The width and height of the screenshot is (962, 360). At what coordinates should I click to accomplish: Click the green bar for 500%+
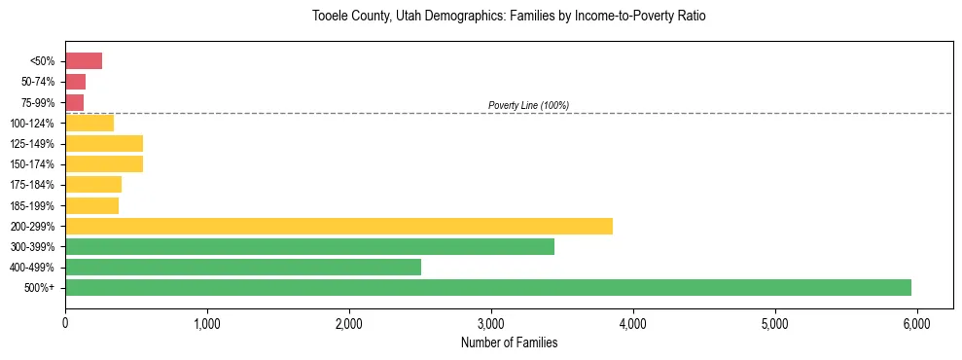coord(487,287)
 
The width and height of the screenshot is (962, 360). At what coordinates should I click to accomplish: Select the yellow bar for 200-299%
coord(338,226)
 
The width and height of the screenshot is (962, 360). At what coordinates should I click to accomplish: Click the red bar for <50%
coord(84,61)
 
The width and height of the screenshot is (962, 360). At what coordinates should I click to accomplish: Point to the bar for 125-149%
coord(104,143)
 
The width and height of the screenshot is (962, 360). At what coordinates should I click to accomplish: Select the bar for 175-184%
coord(93,185)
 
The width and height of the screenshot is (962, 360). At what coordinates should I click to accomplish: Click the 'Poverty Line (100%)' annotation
coord(528,105)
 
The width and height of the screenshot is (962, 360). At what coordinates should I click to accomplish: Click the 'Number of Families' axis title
coord(509,343)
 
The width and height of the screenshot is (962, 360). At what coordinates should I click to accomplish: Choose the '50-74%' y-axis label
coord(40,82)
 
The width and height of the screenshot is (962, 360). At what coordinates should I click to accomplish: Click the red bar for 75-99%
coord(74,102)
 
